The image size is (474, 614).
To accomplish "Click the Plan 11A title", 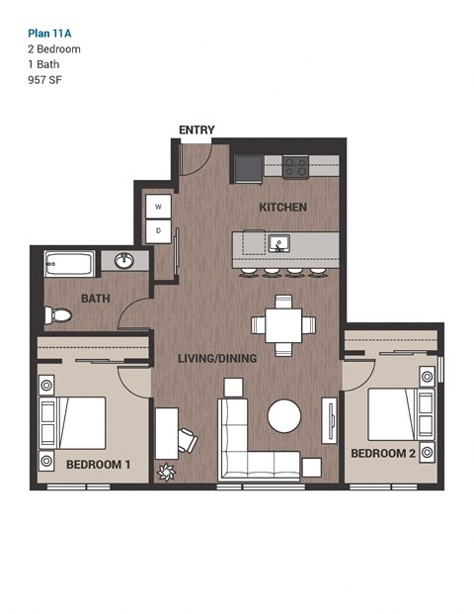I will [49, 31].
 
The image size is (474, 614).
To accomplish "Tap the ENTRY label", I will [197, 131].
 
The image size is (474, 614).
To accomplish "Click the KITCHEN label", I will [282, 208].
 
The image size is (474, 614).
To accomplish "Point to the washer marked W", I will [158, 207].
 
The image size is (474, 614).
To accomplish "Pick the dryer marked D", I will [158, 231].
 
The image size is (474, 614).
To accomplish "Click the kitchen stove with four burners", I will [295, 167].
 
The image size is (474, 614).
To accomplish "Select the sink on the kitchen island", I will [280, 242].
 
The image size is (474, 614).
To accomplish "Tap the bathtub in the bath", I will [69, 264].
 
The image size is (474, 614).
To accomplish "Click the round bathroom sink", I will [124, 261].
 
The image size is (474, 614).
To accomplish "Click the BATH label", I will [95, 298].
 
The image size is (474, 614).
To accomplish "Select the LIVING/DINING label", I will [217, 358].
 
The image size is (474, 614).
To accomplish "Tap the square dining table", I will [283, 323].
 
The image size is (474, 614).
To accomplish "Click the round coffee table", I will [285, 415].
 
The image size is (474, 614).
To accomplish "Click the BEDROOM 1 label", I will [98, 464].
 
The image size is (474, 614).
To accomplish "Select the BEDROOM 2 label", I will [384, 453].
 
